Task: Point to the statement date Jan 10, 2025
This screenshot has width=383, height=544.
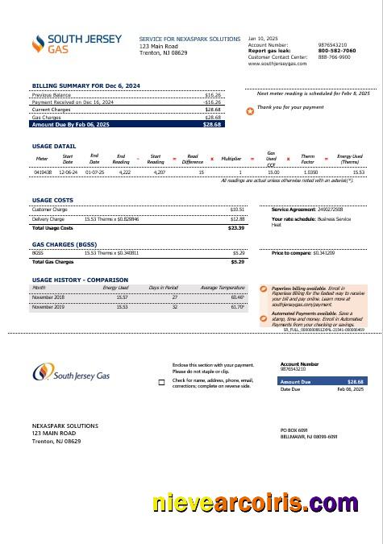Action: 262,38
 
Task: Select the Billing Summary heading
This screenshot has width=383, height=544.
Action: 85,85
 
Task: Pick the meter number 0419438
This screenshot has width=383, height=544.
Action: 42,172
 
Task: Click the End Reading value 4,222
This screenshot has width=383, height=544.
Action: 124,172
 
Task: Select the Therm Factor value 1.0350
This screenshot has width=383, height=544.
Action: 310,172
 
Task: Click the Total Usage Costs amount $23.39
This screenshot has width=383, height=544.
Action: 236,228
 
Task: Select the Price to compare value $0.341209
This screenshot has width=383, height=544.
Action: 323,253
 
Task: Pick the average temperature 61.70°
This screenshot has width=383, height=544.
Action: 238,306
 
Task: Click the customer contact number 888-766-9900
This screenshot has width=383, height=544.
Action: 334,57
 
